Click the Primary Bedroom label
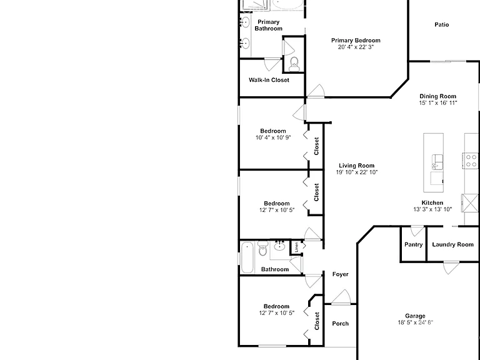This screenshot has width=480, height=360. click(x=356, y=41)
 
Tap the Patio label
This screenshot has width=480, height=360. click(x=442, y=24)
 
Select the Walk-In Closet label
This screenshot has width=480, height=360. click(x=269, y=80)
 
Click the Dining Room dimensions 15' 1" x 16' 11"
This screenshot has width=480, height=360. click(x=437, y=103)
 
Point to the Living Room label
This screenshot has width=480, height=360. click(x=357, y=166)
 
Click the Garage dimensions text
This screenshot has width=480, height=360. click(x=416, y=322)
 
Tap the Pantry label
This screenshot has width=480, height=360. click(x=413, y=244)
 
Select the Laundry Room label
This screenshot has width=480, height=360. click(x=452, y=244)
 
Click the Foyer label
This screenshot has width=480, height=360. click(x=341, y=274)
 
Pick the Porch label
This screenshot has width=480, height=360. click(x=341, y=324)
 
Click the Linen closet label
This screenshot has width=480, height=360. click(x=296, y=247)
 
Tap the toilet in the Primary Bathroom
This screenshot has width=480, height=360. click(x=294, y=64)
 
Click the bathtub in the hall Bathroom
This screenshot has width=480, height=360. click(x=247, y=257)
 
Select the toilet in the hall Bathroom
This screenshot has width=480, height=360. click(x=263, y=248)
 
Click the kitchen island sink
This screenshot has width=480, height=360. click(x=437, y=162)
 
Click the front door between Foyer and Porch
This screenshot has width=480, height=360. click(x=341, y=297)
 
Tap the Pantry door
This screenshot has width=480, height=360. click(x=417, y=231)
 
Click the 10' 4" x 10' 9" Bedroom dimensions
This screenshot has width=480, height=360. click(x=273, y=137)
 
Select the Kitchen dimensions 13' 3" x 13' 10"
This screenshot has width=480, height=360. click(x=432, y=209)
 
